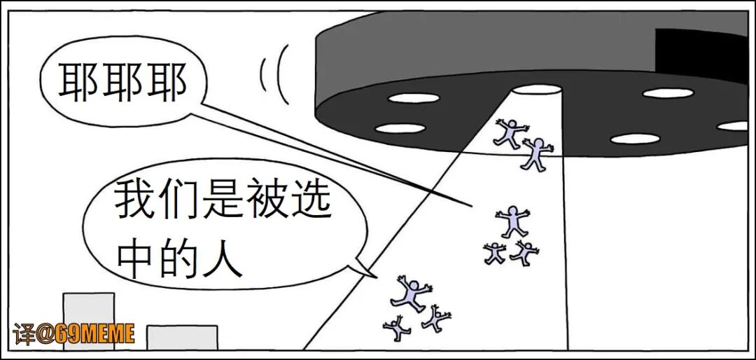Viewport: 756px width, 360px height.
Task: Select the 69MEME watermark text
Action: click(95, 334)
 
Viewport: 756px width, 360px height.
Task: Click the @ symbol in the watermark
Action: click(45, 335)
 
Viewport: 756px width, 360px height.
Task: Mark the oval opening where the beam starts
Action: click(535, 90)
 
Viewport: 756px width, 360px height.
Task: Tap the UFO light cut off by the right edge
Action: click(735, 126)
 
